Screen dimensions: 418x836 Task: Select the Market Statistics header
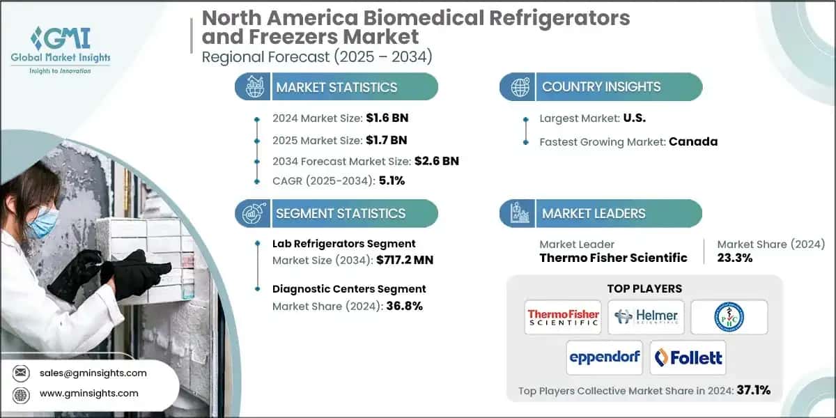tap(336, 87)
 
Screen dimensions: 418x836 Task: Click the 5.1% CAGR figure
tap(391, 180)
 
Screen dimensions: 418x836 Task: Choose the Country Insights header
tap(601, 87)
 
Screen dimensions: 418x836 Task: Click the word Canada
tap(693, 141)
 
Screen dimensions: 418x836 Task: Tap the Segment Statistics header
tap(341, 213)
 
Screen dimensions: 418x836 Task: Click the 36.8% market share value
tap(400, 306)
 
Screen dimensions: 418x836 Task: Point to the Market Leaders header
tap(594, 213)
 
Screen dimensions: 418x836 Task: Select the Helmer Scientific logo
tap(646, 318)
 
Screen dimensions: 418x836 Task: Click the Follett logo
tap(688, 358)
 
